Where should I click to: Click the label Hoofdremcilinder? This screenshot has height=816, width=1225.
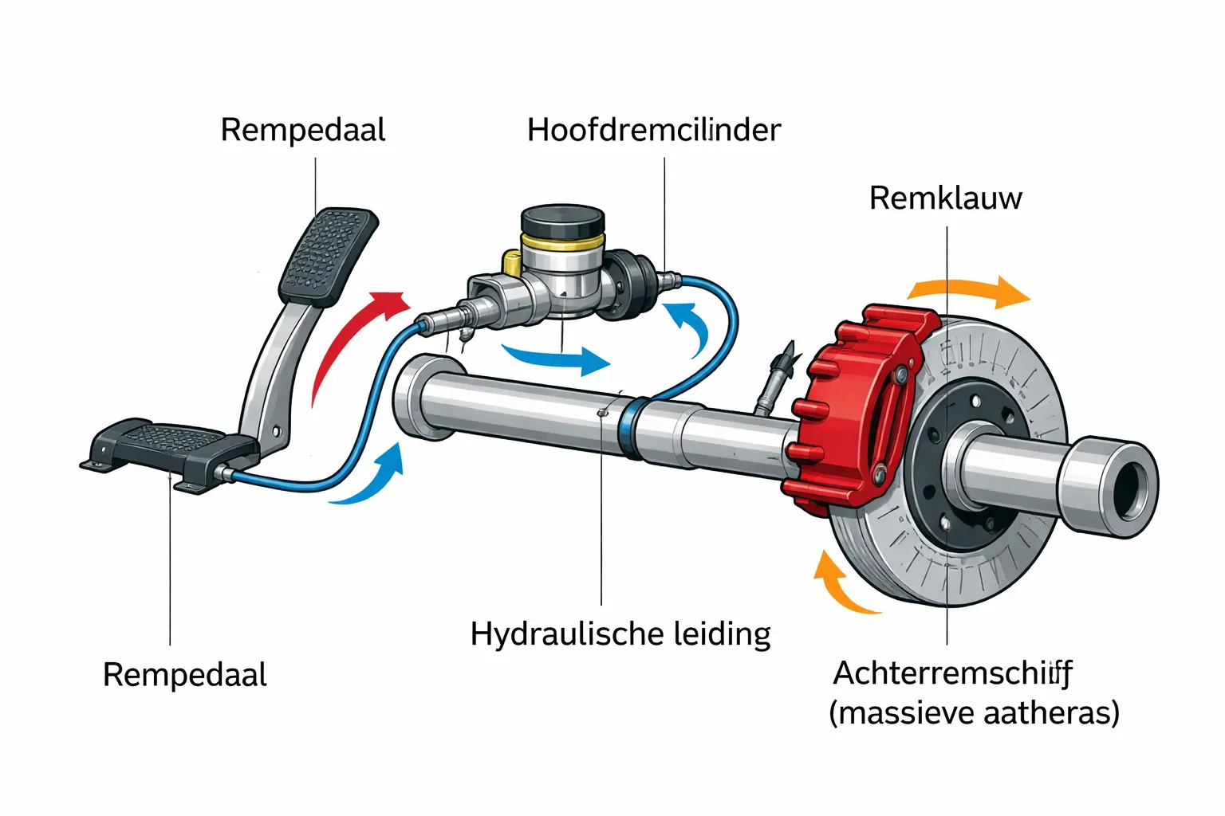pos(653,130)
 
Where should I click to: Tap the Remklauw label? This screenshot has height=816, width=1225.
pos(945,198)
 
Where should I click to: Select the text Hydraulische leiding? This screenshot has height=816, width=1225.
pos(620,634)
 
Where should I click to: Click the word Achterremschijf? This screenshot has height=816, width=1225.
pos(952,673)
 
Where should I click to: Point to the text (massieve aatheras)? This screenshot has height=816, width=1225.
pos(974,712)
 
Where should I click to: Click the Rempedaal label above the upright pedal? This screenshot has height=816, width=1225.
pos(302,130)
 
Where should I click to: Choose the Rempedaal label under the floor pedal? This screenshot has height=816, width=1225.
pos(184,675)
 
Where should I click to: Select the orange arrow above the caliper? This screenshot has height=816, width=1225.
pos(969,292)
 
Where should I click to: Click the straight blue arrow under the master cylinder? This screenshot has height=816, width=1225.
pos(558,359)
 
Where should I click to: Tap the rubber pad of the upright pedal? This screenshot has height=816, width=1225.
pos(328,255)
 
